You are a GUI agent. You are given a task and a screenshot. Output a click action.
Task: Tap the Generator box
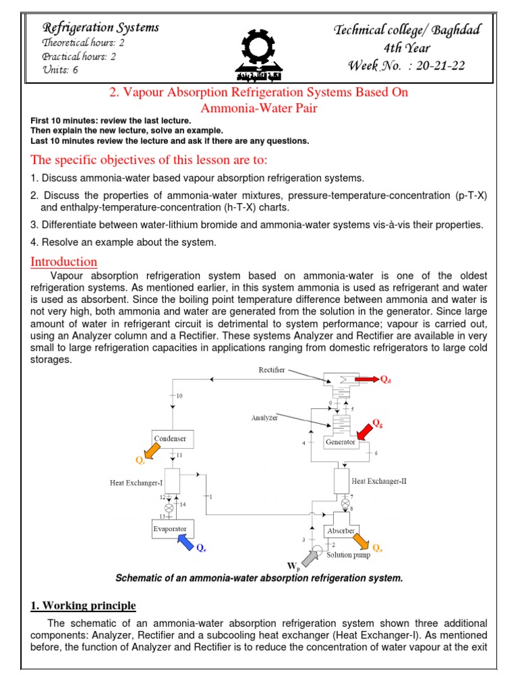[x=340, y=443]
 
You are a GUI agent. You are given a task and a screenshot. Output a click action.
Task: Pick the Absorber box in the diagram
[x=342, y=531]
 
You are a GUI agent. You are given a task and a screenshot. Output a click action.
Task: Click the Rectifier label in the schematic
[x=272, y=370]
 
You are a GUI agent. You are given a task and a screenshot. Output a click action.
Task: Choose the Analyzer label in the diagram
[x=265, y=417]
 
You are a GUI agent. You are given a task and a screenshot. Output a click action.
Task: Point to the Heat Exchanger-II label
[x=379, y=481]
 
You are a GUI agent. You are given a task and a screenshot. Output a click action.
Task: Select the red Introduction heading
[x=64, y=262]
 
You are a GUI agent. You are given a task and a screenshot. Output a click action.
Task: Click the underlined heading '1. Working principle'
[x=83, y=605]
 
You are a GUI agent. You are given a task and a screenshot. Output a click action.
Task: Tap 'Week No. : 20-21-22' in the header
[x=407, y=65]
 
